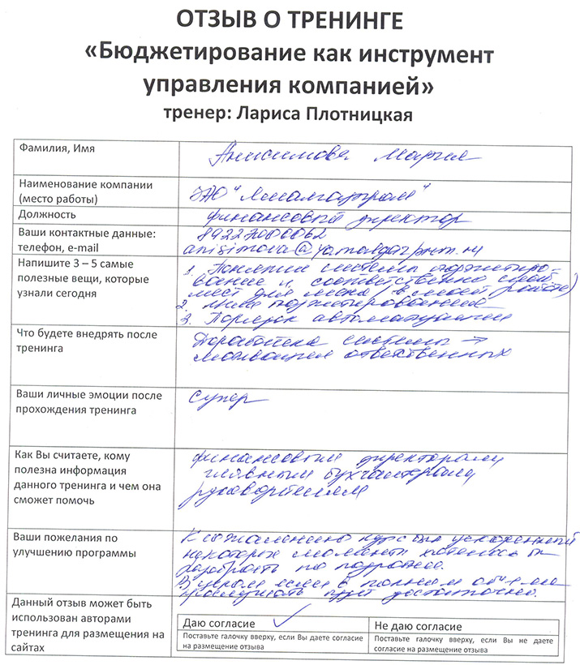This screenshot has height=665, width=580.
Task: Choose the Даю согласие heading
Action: (x=219, y=626)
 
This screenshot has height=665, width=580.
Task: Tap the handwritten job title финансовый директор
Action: (x=324, y=217)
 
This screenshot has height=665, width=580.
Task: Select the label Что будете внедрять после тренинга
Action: (x=75, y=341)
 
